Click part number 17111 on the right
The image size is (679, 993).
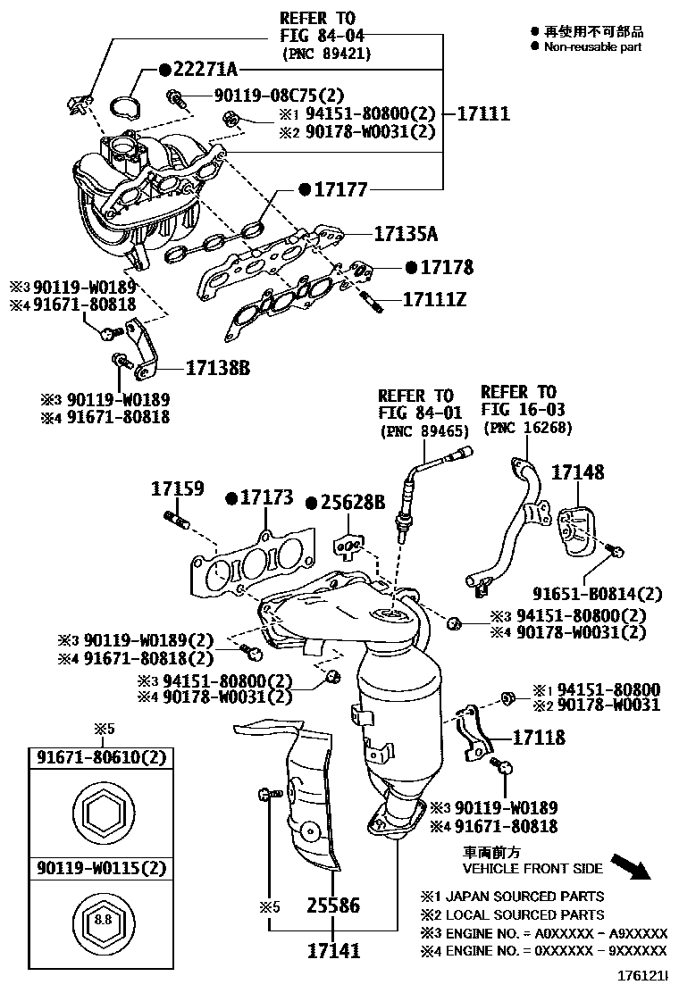(x=483, y=113)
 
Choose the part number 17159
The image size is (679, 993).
(x=177, y=489)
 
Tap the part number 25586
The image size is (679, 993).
(x=333, y=906)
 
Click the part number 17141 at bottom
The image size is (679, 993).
(x=333, y=950)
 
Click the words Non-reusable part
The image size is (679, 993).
(x=592, y=46)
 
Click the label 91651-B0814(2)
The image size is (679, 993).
(x=598, y=594)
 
